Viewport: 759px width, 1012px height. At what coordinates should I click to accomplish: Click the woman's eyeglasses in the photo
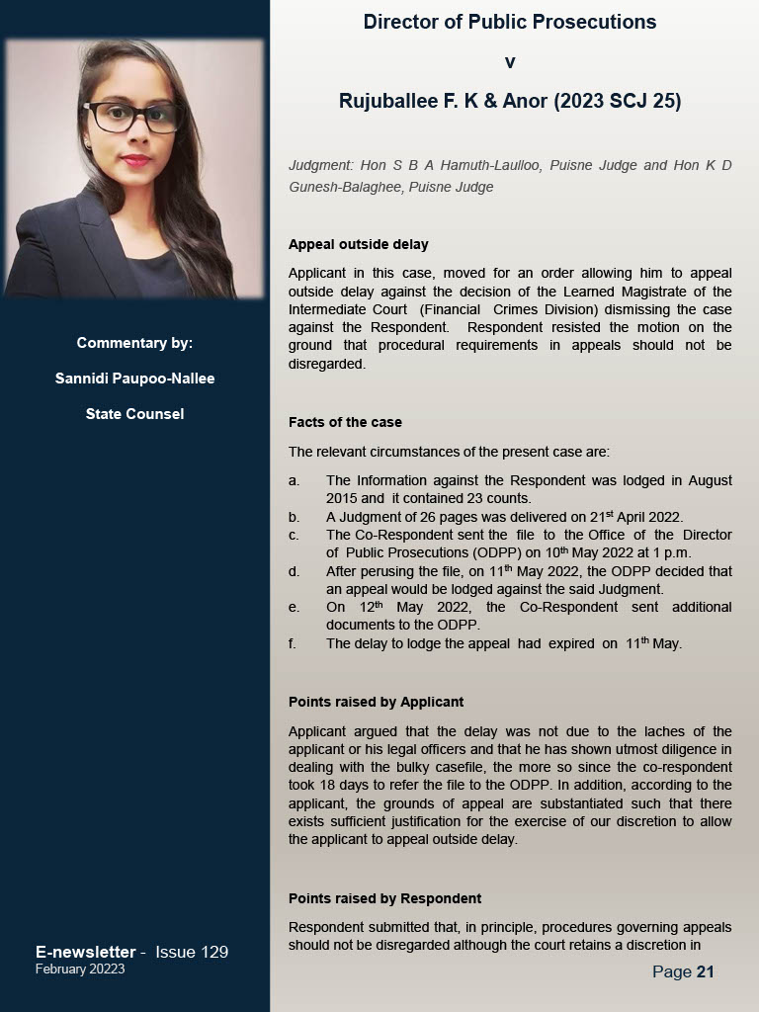pyautogui.click(x=134, y=117)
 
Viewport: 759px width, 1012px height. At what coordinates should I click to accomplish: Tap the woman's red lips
pyautogui.click(x=135, y=160)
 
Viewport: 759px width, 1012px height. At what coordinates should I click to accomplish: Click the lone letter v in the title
pyautogui.click(x=510, y=62)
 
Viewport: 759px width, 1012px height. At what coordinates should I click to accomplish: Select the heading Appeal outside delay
pyautogui.click(x=359, y=244)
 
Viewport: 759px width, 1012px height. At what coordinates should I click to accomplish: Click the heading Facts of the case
pyautogui.click(x=345, y=422)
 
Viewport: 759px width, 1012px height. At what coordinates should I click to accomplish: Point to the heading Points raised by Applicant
pyautogui.click(x=376, y=702)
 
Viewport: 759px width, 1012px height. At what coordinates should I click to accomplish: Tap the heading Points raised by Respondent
pyautogui.click(x=384, y=898)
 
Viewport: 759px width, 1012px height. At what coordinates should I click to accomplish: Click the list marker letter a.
pyautogui.click(x=294, y=480)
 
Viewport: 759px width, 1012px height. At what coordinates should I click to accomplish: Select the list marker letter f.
pyautogui.click(x=293, y=643)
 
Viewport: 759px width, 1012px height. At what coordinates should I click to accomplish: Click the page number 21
pyautogui.click(x=705, y=971)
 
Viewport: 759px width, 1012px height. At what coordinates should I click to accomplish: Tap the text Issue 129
pyautogui.click(x=192, y=952)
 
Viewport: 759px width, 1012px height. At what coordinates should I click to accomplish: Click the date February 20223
pyautogui.click(x=80, y=970)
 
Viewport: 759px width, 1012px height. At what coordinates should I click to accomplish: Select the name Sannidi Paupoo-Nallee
pyautogui.click(x=134, y=379)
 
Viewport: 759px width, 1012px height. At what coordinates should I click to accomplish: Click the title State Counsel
pyautogui.click(x=134, y=414)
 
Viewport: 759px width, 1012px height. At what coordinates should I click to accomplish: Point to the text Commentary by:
pyautogui.click(x=134, y=343)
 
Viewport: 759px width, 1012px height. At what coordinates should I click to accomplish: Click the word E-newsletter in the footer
pyautogui.click(x=85, y=952)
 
